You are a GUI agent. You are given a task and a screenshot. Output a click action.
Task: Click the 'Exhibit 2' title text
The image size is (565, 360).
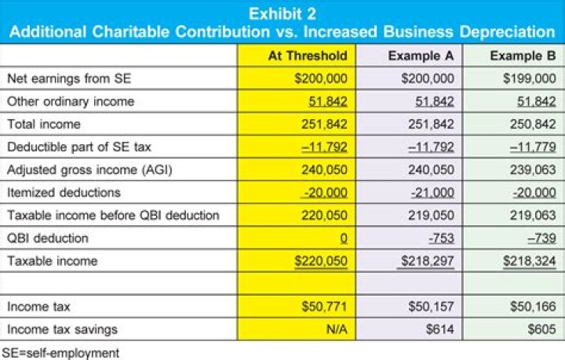click(282, 13)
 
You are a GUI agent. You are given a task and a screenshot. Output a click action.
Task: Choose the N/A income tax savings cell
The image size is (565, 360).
click(337, 329)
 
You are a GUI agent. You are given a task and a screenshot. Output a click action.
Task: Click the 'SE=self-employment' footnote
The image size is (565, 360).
click(61, 352)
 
